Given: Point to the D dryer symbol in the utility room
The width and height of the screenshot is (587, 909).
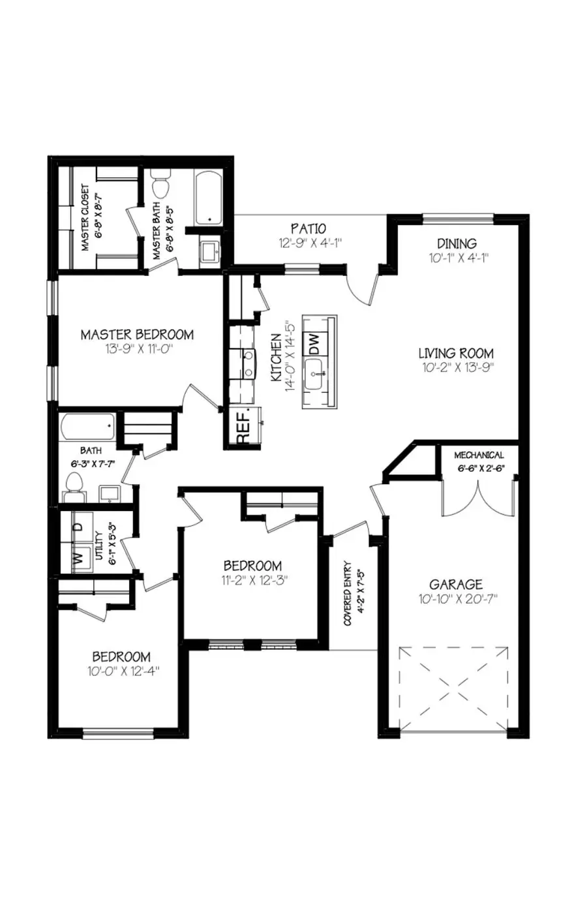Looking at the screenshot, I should tap(78, 526).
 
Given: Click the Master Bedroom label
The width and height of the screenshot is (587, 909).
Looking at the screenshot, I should tap(137, 335).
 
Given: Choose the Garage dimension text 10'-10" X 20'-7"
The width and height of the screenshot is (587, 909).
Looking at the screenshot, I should tap(458, 599).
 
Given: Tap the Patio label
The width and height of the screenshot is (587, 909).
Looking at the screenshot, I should tap(309, 229).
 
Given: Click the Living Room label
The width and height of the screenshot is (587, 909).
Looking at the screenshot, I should tap(456, 354).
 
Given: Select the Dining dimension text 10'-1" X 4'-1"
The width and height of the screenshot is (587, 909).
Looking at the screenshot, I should tap(457, 257).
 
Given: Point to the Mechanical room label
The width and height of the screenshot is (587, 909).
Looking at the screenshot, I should tap(479, 455).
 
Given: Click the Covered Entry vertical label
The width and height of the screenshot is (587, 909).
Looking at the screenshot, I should tap(348, 593).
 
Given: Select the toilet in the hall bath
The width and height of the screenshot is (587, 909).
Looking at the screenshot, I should tap(74, 486).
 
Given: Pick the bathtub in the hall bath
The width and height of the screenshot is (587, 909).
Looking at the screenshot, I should tap(87, 427).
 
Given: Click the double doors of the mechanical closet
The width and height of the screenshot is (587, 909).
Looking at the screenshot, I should tap(478, 499).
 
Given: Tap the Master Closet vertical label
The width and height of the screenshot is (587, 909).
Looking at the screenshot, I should tap(85, 218).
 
